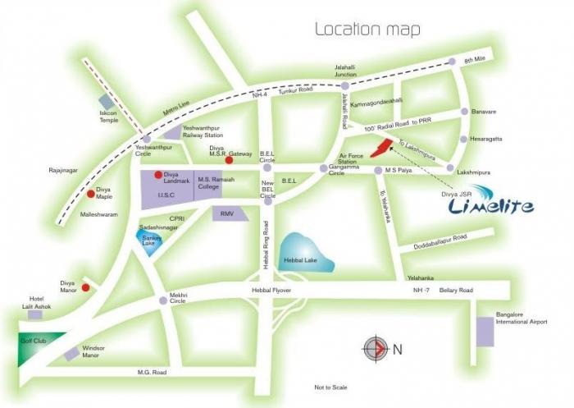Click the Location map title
pos(368,30)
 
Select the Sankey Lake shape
pos(149,244)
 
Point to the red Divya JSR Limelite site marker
pos(379,148)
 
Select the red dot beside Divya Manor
pos(84,287)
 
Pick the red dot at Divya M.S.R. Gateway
pos(217,161)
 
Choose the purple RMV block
pos(225,213)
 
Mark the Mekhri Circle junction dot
pos(163,301)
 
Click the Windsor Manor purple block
pos(72,353)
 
